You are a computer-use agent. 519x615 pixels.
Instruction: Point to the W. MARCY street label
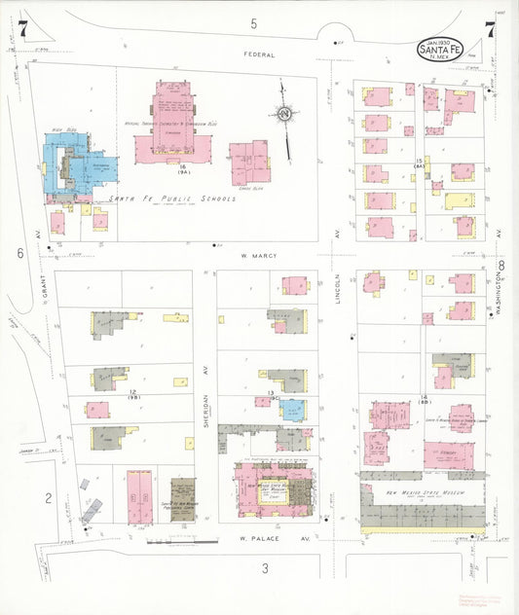(259, 255)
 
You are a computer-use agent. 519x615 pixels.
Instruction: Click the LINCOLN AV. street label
(339, 288)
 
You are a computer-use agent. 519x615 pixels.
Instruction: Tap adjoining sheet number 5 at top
(253, 22)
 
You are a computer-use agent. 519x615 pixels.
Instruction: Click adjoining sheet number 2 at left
(46, 498)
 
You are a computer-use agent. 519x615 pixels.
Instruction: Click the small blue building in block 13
(293, 410)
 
